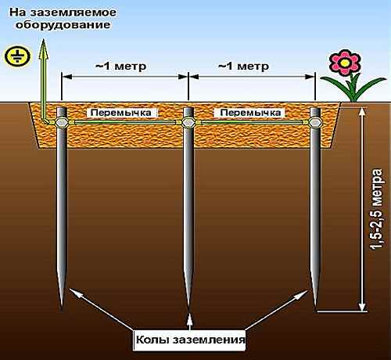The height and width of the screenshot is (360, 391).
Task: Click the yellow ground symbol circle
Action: coord(17,56)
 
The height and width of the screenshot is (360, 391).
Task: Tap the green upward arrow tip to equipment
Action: coord(44,39)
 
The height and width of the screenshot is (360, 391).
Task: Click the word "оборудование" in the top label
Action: coord(63,25)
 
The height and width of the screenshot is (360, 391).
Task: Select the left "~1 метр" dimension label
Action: coord(120,66)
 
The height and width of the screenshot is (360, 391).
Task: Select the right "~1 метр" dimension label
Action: coord(243,66)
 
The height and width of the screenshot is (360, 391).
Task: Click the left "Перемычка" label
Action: coord(121,113)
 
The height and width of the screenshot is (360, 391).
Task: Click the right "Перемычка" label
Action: coord(250,113)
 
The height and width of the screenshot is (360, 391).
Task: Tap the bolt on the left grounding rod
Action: coord(62,122)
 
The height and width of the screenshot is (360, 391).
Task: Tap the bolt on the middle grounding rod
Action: coord(188,122)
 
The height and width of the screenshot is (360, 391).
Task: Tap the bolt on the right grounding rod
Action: coord(315,122)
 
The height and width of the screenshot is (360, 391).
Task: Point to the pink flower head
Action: coord(345,63)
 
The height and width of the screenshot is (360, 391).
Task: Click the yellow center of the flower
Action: coord(345,63)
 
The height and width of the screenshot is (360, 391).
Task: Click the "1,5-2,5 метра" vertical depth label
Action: coord(378,210)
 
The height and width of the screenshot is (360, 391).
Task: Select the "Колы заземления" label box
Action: coord(189,340)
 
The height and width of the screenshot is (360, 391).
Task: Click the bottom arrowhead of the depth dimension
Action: coord(362,306)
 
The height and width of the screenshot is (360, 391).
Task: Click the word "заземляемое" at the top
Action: coord(74,13)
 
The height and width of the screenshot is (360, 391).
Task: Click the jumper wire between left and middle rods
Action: coord(125,122)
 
